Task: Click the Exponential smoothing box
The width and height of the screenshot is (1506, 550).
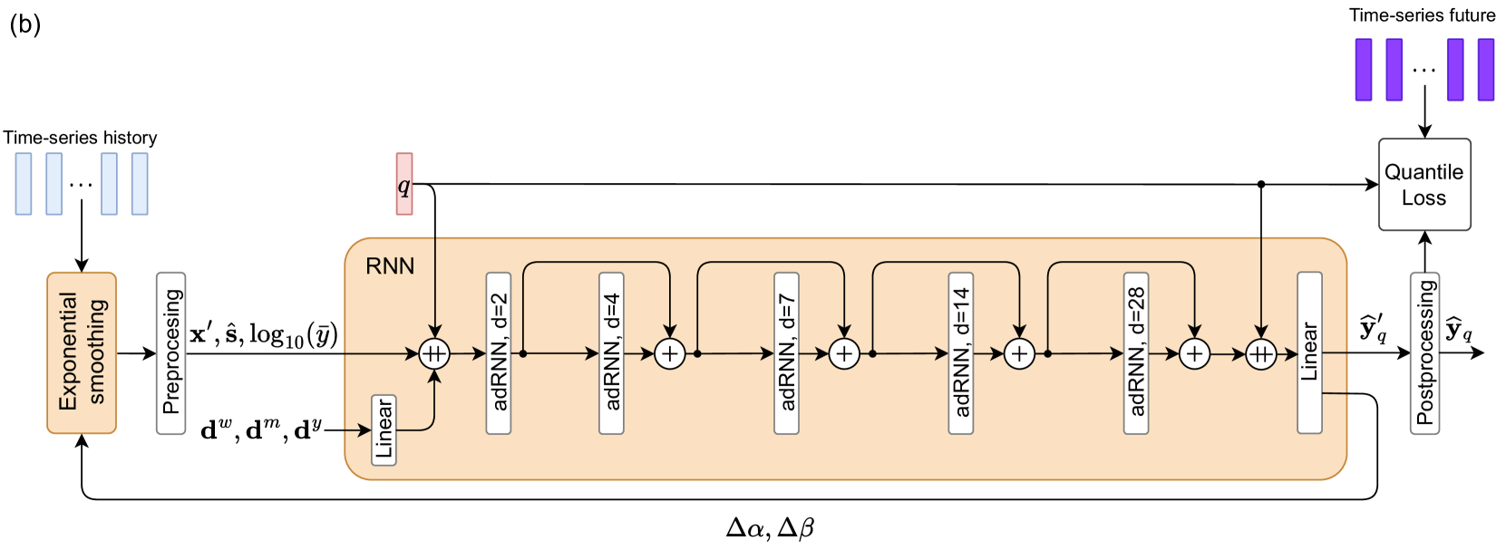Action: pos(82,352)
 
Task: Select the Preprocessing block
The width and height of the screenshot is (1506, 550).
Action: pos(170,352)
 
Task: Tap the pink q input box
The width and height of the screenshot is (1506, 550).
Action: pos(404,184)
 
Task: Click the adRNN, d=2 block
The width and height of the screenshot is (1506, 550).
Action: pos(499,352)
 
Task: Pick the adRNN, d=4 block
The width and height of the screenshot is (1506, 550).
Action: pos(611,352)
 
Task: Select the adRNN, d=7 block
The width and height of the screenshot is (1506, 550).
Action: pos(786,352)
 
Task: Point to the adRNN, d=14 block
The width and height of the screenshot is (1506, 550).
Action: pos(961,352)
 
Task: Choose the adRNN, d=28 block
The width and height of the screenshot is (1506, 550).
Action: pos(1136,352)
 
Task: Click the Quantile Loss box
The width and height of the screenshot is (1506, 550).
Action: pos(1423,184)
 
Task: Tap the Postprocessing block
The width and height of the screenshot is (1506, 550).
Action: pos(1424,352)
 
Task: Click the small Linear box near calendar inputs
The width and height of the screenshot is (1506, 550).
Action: pos(384,430)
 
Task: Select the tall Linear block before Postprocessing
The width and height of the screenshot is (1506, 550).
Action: pos(1309,352)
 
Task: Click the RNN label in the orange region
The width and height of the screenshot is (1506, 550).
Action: pos(390,265)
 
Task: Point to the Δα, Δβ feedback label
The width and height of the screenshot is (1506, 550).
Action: pos(770,527)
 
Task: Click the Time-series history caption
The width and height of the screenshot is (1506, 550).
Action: pos(80,138)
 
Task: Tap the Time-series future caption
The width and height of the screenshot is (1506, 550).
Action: pos(1422,15)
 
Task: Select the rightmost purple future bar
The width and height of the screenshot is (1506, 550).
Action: pos(1485,69)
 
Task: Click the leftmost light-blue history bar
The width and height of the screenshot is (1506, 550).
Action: pos(24,184)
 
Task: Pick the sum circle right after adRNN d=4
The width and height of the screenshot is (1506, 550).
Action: pos(669,353)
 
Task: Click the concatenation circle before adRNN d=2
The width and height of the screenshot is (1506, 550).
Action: pos(434,353)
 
